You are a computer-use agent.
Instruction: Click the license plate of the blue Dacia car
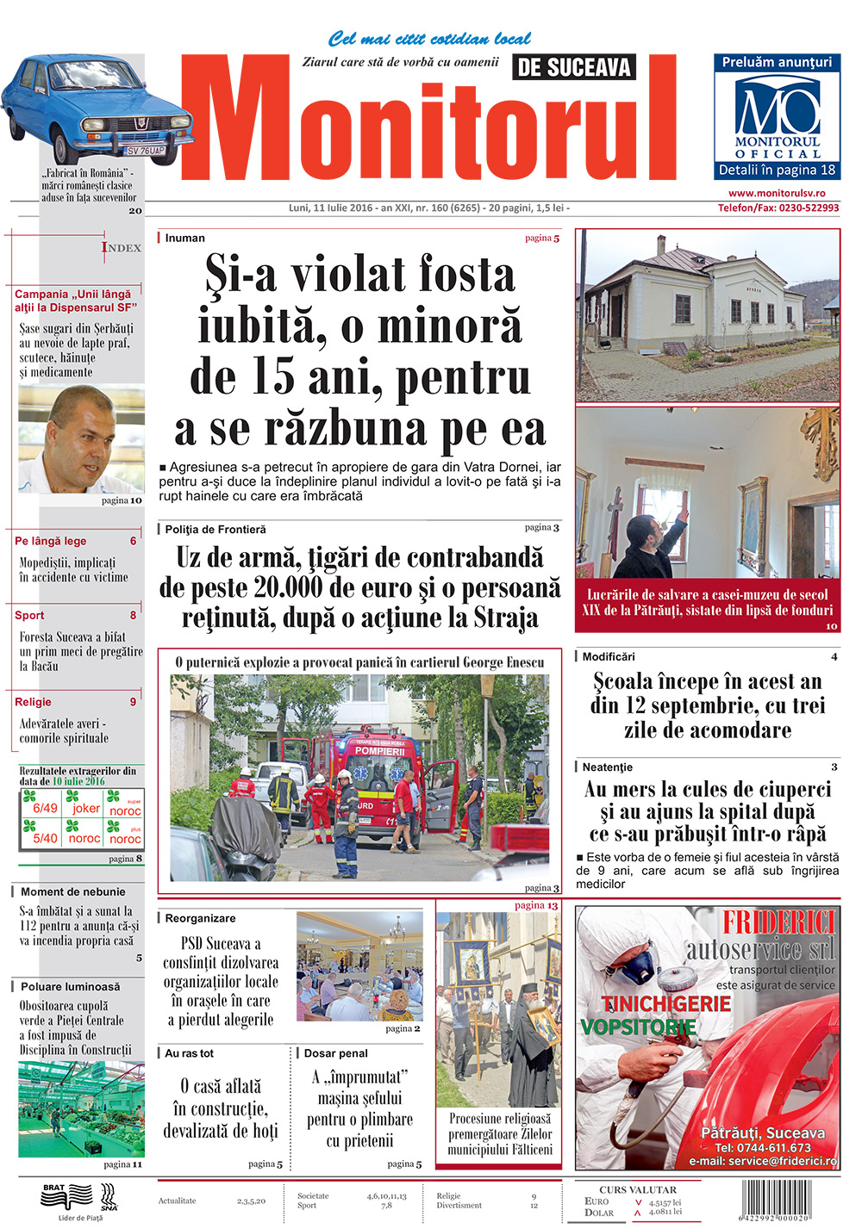pyautogui.click(x=146, y=150)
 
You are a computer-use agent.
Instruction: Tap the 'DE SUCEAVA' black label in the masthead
pyautogui.click(x=574, y=67)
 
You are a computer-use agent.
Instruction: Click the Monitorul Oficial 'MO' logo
pyautogui.click(x=777, y=109)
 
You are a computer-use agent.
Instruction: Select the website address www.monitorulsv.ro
pyautogui.click(x=777, y=194)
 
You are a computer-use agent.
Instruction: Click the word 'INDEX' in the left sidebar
pyautogui.click(x=122, y=247)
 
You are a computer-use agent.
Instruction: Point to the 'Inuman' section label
pyautogui.click(x=185, y=238)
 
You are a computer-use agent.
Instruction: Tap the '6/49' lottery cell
pyautogui.click(x=45, y=808)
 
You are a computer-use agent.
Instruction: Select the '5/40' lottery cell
pyautogui.click(x=45, y=837)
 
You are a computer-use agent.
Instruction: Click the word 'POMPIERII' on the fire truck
pyautogui.click(x=380, y=751)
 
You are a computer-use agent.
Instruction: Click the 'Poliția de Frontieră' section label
pyautogui.click(x=215, y=530)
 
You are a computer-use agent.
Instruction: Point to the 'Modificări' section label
pyautogui.click(x=609, y=656)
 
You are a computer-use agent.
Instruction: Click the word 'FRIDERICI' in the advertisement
pyautogui.click(x=778, y=922)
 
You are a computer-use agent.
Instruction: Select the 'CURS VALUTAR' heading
pyautogui.click(x=638, y=1189)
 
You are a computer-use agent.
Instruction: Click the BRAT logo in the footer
pyautogui.click(x=66, y=1195)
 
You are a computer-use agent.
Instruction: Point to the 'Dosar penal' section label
pyautogui.click(x=336, y=1053)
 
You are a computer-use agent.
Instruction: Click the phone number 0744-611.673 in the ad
pyautogui.click(x=763, y=1147)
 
